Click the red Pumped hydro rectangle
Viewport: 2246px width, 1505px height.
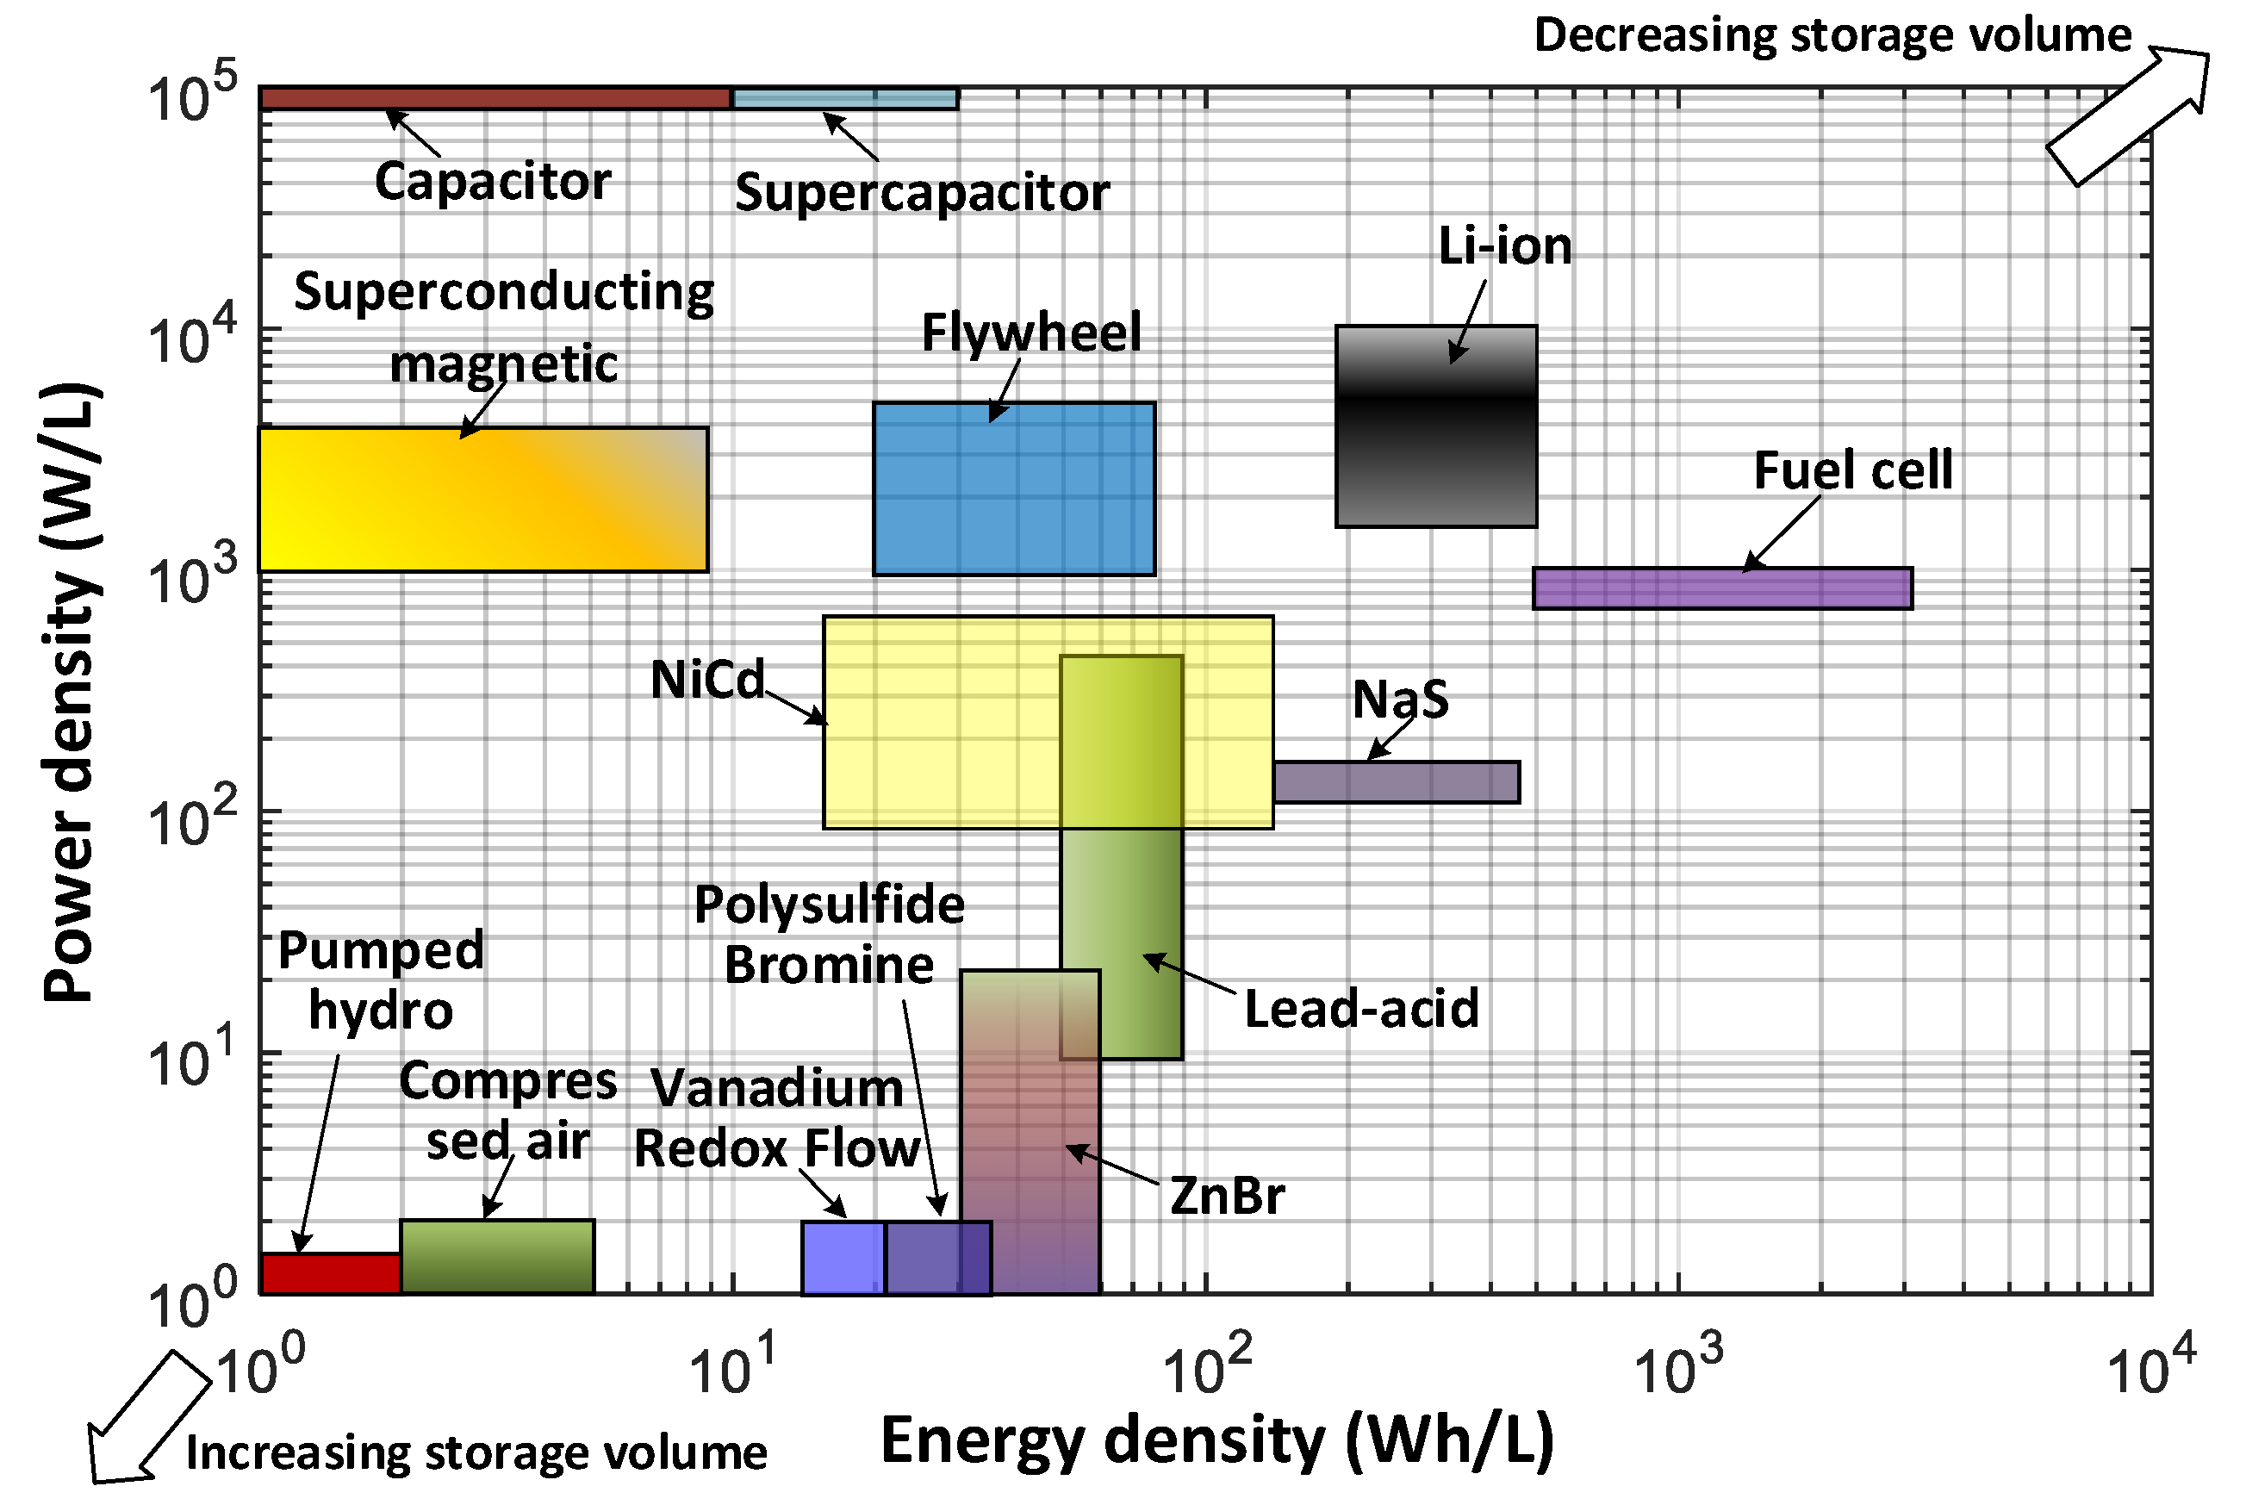pos(330,1273)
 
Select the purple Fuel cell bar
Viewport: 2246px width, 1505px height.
pos(1722,588)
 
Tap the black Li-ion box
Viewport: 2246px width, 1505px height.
pos(1436,426)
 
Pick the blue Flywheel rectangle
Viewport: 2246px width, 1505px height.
pos(1013,488)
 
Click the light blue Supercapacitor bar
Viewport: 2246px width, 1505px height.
pos(844,98)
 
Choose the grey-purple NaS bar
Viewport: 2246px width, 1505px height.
pos(1396,782)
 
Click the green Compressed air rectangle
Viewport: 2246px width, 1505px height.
pos(497,1258)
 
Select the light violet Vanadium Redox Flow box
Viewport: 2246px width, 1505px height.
pos(843,1259)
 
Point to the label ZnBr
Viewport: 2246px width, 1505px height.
pos(1227,1196)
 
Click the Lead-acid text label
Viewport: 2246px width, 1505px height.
pos(1361,1009)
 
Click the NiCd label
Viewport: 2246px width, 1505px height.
pos(707,680)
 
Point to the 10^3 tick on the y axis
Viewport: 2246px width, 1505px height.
pos(192,575)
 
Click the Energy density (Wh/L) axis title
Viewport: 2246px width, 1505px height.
pos(1217,1441)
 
